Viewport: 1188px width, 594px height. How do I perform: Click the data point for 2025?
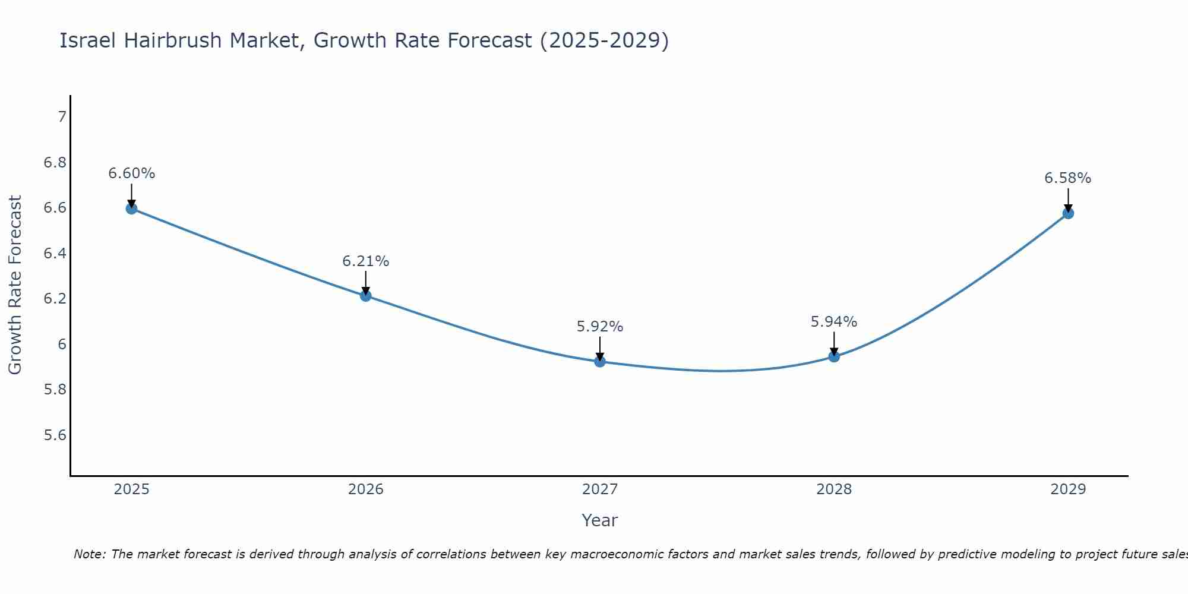pyautogui.click(x=131, y=208)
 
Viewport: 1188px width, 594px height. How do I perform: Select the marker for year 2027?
pyautogui.click(x=600, y=361)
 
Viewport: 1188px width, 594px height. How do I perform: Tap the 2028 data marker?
pyautogui.click(x=834, y=356)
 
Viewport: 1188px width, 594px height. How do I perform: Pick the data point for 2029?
pyautogui.click(x=1068, y=213)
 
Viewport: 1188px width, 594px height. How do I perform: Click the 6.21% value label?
pyautogui.click(x=365, y=261)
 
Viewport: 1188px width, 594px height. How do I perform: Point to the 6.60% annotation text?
pyautogui.click(x=131, y=173)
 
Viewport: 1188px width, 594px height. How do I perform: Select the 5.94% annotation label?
pyautogui.click(x=834, y=322)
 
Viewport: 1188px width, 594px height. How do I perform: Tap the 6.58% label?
pyautogui.click(x=1068, y=178)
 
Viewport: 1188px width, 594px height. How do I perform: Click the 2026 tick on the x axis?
pyautogui.click(x=365, y=489)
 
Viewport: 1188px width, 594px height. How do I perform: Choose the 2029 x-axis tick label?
pyautogui.click(x=1068, y=489)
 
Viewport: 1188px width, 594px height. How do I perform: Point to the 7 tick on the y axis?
pyautogui.click(x=62, y=116)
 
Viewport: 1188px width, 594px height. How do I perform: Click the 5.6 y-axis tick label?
pyautogui.click(x=55, y=435)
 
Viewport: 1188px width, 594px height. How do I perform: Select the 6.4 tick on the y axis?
pyautogui.click(x=55, y=254)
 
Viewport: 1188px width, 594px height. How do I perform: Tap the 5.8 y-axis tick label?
pyautogui.click(x=55, y=390)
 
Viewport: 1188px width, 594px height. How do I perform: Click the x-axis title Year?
pyautogui.click(x=600, y=520)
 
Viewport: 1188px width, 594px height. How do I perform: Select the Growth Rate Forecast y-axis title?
pyautogui.click(x=15, y=285)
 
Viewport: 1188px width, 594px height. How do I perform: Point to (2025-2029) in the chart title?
pyautogui.click(x=604, y=40)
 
